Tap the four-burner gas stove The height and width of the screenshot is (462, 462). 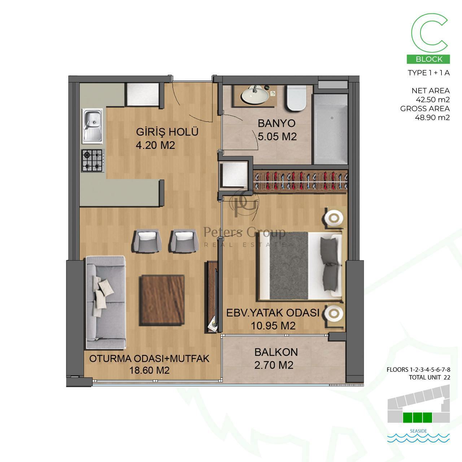click(93, 160)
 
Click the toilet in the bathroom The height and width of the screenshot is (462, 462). click(296, 98)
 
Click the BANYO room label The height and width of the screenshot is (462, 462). click(276, 123)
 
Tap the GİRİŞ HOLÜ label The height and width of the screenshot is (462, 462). click(167, 132)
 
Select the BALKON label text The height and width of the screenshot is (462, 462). click(276, 352)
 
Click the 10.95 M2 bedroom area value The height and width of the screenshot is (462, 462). click(273, 326)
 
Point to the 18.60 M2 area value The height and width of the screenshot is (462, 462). click(149, 370)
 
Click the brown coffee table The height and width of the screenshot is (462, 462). click(162, 300)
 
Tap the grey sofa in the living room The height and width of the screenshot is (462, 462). click(106, 302)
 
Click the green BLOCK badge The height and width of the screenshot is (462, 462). click(428, 59)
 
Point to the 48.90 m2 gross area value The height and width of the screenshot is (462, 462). click(432, 117)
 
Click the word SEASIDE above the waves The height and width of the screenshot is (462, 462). click(418, 431)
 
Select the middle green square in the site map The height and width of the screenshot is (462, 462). click(418, 417)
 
